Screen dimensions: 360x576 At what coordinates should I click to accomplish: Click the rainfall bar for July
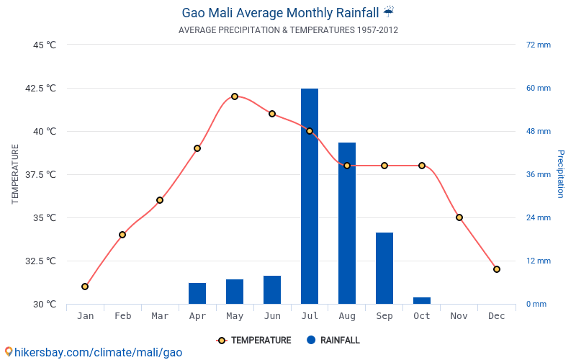point(310,196)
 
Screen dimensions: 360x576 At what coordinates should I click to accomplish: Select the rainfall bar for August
point(347,223)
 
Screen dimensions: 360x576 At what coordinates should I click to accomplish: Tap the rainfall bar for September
point(384,268)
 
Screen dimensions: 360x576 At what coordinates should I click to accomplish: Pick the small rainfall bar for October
point(422,300)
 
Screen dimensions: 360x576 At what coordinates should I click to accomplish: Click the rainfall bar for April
point(197,293)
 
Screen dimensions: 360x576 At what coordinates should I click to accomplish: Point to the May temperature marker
point(235,96)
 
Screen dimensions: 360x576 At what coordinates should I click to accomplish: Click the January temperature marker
point(85,287)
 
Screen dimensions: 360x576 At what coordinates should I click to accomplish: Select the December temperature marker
point(497,269)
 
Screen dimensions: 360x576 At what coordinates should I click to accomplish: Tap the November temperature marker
point(459,217)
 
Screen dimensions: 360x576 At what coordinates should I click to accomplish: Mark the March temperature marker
point(160,200)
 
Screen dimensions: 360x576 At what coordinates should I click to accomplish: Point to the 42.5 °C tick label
point(40,88)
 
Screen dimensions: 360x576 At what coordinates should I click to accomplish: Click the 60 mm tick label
point(538,88)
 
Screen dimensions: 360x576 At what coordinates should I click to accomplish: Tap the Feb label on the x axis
point(122,316)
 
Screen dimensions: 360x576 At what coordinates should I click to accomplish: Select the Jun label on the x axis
point(272,316)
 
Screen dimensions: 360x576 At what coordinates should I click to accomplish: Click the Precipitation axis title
point(560,174)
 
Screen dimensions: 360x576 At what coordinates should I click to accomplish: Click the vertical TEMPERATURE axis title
point(15,174)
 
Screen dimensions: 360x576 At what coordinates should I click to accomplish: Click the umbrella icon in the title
point(389,12)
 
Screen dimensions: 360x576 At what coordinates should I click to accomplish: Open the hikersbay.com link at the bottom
point(94,352)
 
